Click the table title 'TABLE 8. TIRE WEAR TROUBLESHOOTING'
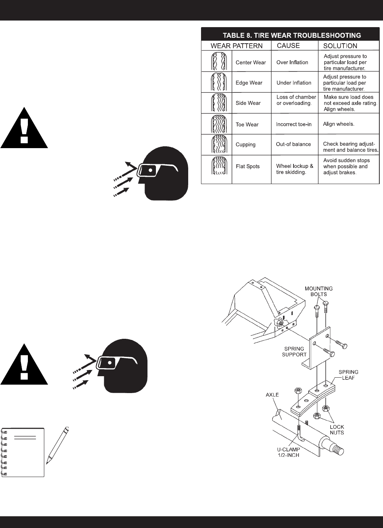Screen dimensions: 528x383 [292, 36]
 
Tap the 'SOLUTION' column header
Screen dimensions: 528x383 [340, 46]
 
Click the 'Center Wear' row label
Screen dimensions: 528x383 [251, 62]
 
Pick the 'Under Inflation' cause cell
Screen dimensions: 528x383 [293, 83]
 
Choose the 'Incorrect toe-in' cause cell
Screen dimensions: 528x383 [293, 124]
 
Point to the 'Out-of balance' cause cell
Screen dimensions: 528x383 [293, 144]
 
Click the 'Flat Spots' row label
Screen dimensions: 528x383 [248, 166]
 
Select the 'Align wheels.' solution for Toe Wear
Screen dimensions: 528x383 [339, 124]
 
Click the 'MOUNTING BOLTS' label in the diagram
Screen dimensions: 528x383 [318, 291]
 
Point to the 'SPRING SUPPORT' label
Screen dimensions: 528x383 [294, 352]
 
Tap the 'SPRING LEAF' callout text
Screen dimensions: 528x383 [348, 375]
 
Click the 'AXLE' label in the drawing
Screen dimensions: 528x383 [272, 395]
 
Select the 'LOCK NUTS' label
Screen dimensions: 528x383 [336, 430]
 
